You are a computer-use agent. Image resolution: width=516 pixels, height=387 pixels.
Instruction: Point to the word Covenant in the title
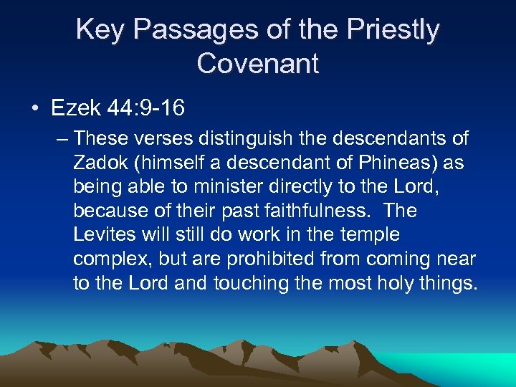point(258,63)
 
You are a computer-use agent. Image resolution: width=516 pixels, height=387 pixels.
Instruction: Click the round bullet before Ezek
point(35,109)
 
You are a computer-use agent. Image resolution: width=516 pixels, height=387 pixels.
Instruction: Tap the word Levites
point(100,235)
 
